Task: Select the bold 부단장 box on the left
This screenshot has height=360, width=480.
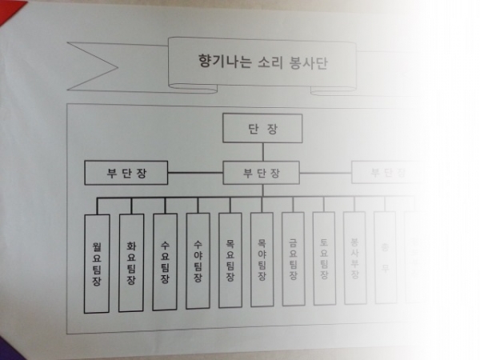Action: [x=126, y=173]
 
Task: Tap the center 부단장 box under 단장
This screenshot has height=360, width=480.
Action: [x=261, y=172]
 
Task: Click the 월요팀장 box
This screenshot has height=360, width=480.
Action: [x=97, y=264]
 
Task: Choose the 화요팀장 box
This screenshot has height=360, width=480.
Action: [x=131, y=263]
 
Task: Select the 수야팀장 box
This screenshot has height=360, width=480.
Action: [x=198, y=261]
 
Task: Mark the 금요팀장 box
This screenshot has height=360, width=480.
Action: [x=293, y=258]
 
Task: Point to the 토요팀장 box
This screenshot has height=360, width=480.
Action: [x=324, y=258]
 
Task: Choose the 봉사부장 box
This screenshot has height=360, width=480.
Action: [x=354, y=257]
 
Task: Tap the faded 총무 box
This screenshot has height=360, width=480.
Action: [x=385, y=257]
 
